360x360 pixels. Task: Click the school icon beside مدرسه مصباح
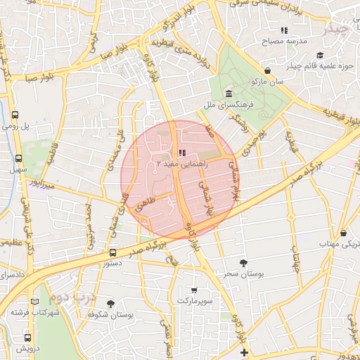(x=285, y=31)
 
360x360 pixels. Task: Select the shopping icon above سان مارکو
(x=268, y=71)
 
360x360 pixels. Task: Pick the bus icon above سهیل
(x=22, y=159)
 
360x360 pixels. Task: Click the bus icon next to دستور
(x=113, y=252)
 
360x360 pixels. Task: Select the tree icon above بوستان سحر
(x=243, y=263)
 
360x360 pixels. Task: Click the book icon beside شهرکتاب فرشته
(x=35, y=302)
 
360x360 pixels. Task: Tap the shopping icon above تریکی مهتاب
(x=343, y=233)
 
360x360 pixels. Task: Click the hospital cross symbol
(x=243, y=352)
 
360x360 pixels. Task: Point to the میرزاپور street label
(x=41, y=185)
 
